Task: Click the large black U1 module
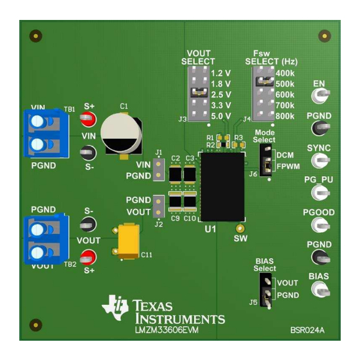[x=222, y=187]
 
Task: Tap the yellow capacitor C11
[x=128, y=241]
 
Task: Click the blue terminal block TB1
[x=46, y=133]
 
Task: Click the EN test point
[x=320, y=95]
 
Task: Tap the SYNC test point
[x=320, y=160]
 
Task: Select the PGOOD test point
[x=320, y=224]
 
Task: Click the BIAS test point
[x=320, y=290]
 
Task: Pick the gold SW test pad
[x=240, y=228]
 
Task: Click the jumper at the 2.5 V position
[x=199, y=92]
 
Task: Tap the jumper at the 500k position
[x=265, y=81]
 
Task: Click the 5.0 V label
[x=221, y=116]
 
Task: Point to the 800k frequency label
[x=285, y=116]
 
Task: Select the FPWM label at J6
[x=288, y=166]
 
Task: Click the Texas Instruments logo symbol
[x=115, y=308]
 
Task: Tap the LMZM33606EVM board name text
[x=166, y=330]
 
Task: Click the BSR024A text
[x=307, y=330]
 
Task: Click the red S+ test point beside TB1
[x=88, y=119]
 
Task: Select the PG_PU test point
[x=320, y=192]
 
